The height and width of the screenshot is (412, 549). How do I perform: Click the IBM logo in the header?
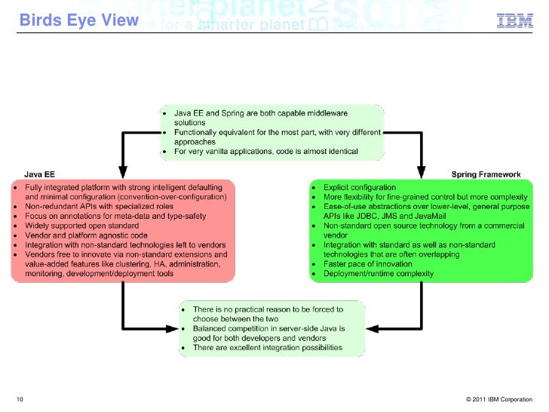click(x=515, y=21)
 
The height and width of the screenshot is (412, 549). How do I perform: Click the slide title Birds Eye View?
click(x=78, y=20)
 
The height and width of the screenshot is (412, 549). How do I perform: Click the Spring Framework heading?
click(x=486, y=174)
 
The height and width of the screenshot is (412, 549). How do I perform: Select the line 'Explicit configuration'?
click(x=360, y=186)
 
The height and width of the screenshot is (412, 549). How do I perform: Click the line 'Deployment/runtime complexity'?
click(x=379, y=274)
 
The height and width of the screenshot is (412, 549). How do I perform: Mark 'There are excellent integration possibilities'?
click(x=268, y=348)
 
